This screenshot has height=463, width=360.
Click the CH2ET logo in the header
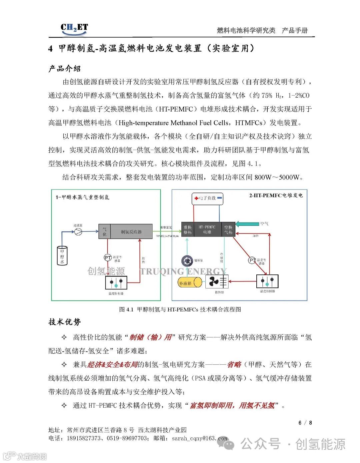[74, 28]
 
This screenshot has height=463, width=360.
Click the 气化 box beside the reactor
[104, 232]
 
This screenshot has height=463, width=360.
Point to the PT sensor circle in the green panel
[107, 257]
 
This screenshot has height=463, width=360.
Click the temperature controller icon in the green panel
[116, 283]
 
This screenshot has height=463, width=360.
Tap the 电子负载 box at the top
[207, 199]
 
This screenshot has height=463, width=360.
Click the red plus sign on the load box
[197, 199]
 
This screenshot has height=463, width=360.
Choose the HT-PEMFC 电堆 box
[207, 229]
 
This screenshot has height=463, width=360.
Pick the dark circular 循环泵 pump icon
[187, 261]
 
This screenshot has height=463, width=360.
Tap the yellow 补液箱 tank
[189, 283]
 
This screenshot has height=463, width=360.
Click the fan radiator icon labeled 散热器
[217, 282]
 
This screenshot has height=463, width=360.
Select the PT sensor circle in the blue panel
[252, 260]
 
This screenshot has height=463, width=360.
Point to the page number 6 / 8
[305, 423]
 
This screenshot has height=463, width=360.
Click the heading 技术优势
[65, 322]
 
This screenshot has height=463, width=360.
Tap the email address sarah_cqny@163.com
[199, 438]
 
